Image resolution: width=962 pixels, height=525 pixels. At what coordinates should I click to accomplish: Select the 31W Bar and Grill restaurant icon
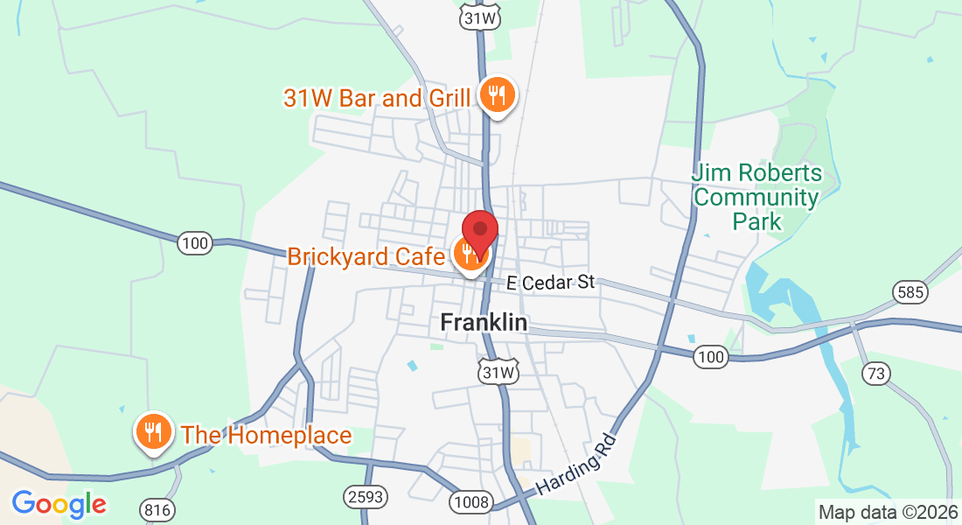[x=497, y=95]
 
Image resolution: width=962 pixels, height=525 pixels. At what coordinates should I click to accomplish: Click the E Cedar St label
[x=551, y=283]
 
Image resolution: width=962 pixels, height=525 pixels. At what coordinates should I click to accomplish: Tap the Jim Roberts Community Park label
[x=756, y=198]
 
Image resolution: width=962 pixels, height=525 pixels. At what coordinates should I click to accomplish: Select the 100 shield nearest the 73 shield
[x=712, y=356]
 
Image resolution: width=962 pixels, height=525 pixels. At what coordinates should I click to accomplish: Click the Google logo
[x=59, y=504]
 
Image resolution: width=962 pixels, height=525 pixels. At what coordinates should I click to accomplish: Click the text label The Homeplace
[x=266, y=435]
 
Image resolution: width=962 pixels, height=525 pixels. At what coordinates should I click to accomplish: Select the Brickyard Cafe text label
[x=367, y=256]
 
